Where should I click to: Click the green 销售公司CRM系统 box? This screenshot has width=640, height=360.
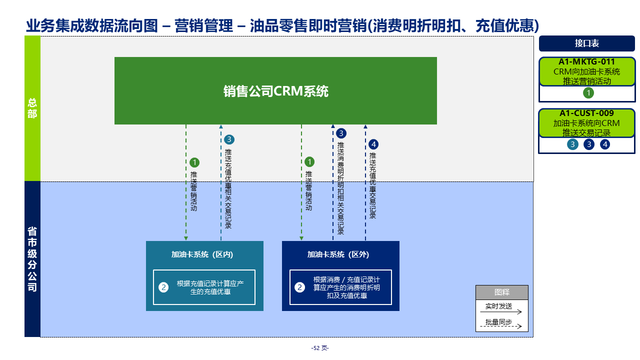click(275, 91)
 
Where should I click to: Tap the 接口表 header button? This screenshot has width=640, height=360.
click(586, 43)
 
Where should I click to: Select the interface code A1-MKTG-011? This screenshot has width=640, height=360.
click(586, 62)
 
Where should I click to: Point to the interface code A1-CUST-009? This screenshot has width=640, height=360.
click(586, 113)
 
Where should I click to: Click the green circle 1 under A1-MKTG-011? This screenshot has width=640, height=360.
click(588, 93)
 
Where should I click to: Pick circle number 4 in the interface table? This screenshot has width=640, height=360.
click(605, 144)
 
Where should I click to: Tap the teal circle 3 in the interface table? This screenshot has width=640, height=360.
click(573, 144)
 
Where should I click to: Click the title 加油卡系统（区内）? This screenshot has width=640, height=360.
click(202, 254)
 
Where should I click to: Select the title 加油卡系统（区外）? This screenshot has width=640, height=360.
click(338, 254)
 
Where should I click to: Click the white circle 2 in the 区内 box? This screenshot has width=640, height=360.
click(163, 287)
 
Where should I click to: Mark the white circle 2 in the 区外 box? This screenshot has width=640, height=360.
click(299, 287)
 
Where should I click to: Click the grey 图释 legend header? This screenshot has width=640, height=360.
click(501, 292)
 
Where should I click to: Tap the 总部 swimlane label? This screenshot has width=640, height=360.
click(32, 108)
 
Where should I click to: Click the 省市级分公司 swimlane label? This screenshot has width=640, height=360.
click(32, 259)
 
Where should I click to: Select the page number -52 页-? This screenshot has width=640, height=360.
click(320, 348)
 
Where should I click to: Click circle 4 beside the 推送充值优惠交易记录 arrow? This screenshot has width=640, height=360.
click(373, 144)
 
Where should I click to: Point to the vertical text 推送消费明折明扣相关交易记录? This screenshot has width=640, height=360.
click(340, 188)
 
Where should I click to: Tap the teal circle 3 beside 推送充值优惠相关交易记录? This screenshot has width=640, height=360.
click(229, 140)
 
